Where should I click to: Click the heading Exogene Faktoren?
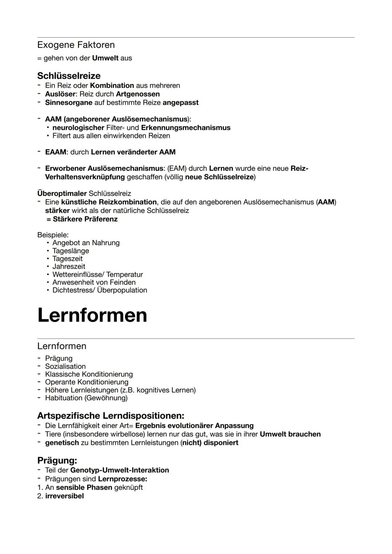click(x=76, y=45)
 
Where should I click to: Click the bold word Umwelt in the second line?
click(x=105, y=58)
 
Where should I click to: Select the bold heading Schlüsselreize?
click(x=69, y=76)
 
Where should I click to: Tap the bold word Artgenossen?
click(x=138, y=94)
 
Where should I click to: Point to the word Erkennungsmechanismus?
click(x=185, y=128)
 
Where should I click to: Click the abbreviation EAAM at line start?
click(x=56, y=152)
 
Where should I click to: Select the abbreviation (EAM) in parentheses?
click(x=178, y=168)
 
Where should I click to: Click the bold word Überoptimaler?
click(x=62, y=193)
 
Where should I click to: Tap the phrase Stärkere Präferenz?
click(x=85, y=219)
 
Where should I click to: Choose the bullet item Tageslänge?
click(x=70, y=251)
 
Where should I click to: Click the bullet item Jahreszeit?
click(x=69, y=267)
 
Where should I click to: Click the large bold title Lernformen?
click(x=92, y=315)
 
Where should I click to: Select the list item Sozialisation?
click(x=65, y=366)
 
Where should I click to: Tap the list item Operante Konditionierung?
click(x=86, y=382)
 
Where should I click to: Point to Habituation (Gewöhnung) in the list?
click(x=86, y=398)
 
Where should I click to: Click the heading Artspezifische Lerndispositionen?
click(x=111, y=415)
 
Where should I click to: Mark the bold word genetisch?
click(x=62, y=443)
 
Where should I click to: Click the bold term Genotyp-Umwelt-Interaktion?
click(x=119, y=470)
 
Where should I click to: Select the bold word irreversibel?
click(x=64, y=496)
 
